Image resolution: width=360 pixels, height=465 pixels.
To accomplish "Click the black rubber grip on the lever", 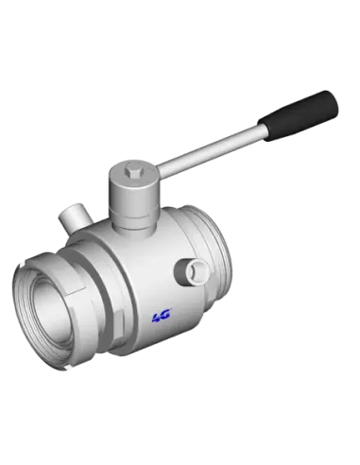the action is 298,115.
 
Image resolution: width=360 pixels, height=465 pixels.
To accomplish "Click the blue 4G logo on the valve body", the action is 162,316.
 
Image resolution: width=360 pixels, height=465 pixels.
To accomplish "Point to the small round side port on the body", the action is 197,271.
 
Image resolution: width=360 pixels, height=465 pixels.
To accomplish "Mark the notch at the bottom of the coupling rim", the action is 66,368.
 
